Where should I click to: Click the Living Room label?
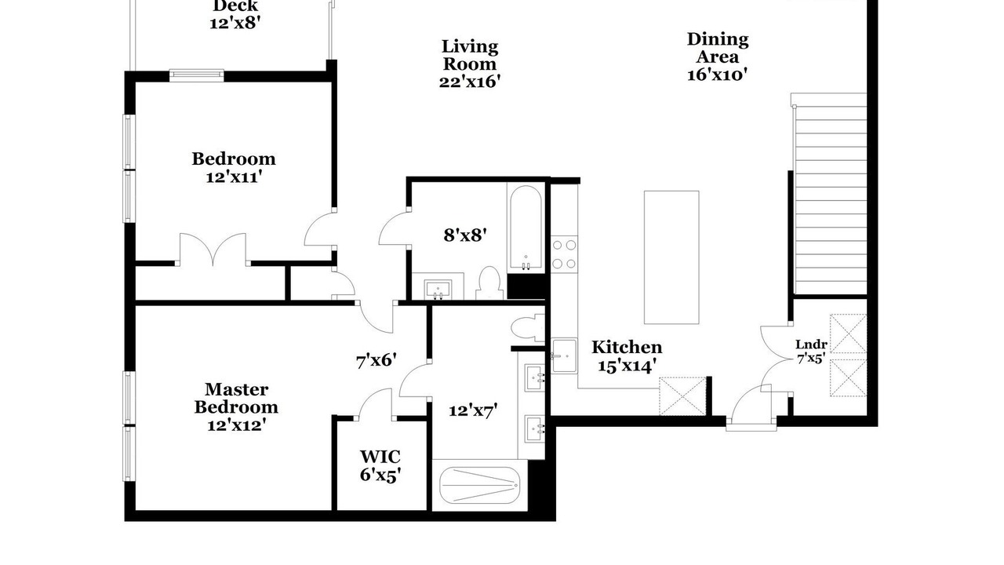click(470, 55)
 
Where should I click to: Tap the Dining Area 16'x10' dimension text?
click(717, 75)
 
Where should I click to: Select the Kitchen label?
click(627, 347)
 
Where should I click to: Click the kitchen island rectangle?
click(671, 257)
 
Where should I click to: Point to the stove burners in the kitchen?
click(564, 254)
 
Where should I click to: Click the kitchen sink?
click(564, 356)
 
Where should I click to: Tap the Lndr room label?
click(811, 344)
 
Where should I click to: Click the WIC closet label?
click(380, 457)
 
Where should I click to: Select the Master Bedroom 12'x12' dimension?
click(237, 425)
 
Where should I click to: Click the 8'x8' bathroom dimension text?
click(465, 235)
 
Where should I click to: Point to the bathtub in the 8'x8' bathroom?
click(526, 228)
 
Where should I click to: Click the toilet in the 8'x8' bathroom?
click(489, 283)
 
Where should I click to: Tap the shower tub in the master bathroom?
click(479, 486)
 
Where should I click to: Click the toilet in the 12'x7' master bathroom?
click(528, 328)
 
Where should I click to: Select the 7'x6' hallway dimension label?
click(376, 360)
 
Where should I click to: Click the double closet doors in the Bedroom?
click(213, 250)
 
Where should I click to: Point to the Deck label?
click(235, 6)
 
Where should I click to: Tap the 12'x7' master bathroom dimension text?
click(473, 410)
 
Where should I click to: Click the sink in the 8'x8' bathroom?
click(438, 289)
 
